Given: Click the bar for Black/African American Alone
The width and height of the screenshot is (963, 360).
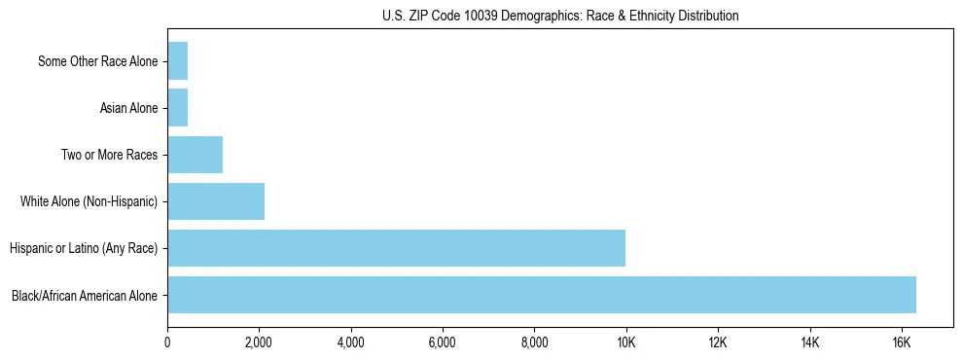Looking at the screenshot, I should [x=542, y=295].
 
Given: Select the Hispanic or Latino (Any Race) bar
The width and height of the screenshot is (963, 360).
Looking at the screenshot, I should [x=396, y=248].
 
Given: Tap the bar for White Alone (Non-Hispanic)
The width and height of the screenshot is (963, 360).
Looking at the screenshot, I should [x=216, y=201].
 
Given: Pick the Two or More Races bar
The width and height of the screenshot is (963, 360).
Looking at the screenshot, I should [x=195, y=155].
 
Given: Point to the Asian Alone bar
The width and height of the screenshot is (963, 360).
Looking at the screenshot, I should [x=177, y=108].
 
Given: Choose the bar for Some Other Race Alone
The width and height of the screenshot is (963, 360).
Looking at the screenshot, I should [x=177, y=61].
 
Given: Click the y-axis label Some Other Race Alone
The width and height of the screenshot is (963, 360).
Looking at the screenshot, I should [x=97, y=61].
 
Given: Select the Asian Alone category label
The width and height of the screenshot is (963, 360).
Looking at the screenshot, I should [x=128, y=108].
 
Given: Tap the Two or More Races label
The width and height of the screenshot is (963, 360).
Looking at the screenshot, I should [x=109, y=155].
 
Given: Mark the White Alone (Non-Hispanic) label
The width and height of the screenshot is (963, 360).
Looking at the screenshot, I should [x=89, y=201].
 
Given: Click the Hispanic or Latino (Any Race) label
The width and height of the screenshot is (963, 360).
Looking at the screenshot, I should [x=84, y=248].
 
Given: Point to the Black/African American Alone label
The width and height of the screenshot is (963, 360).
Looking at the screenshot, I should [x=85, y=295].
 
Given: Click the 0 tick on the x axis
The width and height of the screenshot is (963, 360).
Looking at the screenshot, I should [x=167, y=342].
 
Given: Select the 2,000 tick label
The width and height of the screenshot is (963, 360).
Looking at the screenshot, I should [x=259, y=342].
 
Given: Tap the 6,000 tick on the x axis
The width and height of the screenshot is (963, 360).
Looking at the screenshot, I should [x=443, y=342].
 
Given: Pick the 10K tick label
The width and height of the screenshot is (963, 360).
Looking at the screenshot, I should [x=625, y=342].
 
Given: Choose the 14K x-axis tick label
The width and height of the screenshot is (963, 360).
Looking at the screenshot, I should [x=809, y=342].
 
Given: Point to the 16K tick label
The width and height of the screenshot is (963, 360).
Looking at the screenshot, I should [x=901, y=342].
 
